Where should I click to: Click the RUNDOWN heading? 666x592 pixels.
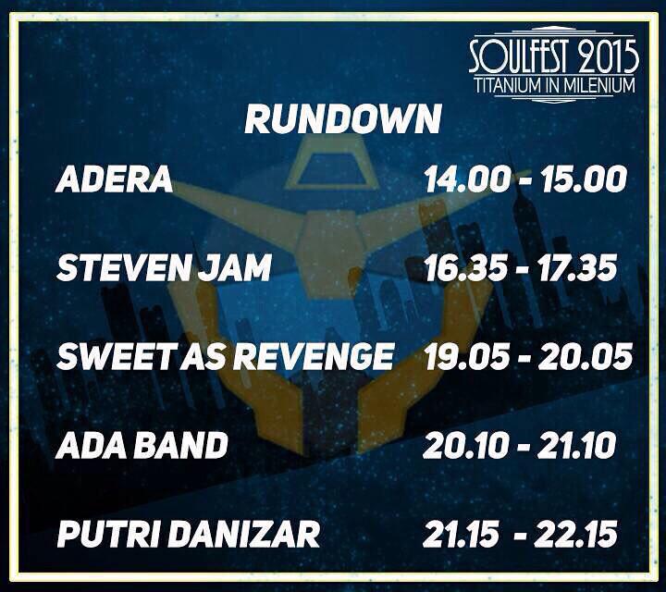click(x=342, y=119)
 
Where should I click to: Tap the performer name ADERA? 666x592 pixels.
click(x=115, y=180)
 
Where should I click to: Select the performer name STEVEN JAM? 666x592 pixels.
click(x=164, y=268)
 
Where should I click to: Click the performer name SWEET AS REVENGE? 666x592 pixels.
click(x=225, y=357)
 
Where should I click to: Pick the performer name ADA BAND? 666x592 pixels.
click(x=142, y=446)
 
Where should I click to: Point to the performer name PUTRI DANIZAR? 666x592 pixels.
click(x=189, y=535)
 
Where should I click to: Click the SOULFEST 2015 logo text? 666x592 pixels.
click(x=553, y=57)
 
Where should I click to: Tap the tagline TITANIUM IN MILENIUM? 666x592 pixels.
click(x=554, y=86)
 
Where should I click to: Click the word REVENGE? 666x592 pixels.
click(x=324, y=357)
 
